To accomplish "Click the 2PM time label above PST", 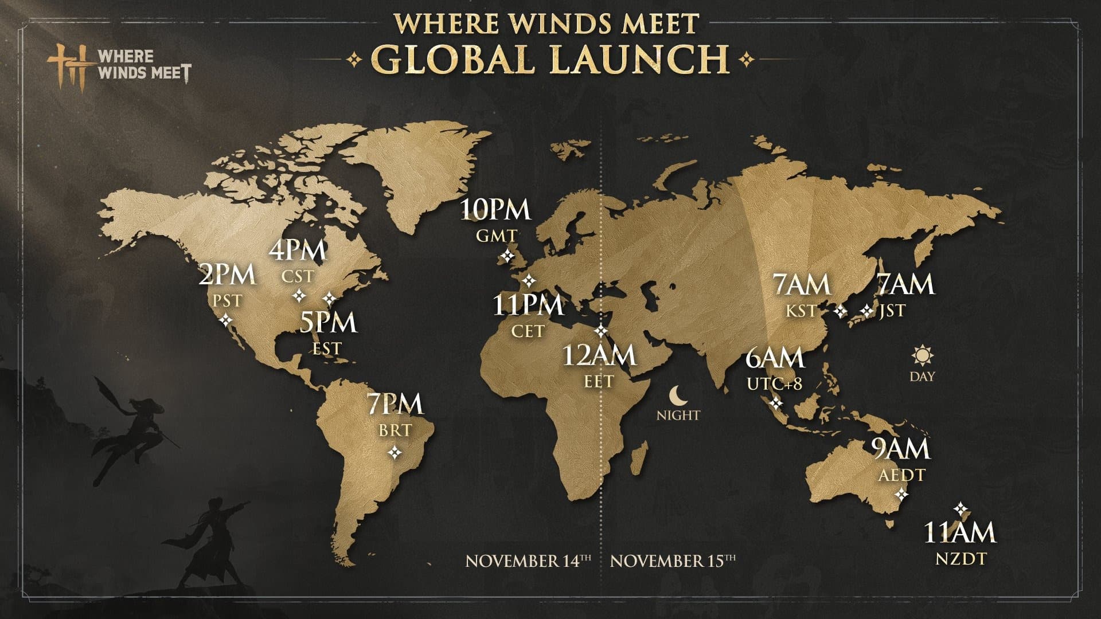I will tap(227, 275).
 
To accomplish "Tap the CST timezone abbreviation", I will tap(298, 276).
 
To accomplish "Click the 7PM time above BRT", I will tap(396, 403).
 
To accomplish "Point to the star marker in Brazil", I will tap(395, 453).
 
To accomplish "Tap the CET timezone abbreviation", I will tap(528, 332).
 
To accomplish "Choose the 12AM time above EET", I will tap(599, 355).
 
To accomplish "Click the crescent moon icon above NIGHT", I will tap(677, 394).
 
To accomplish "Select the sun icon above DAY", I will tap(922, 355).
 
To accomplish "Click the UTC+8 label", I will tap(774, 383).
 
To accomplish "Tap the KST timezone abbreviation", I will tap(801, 311).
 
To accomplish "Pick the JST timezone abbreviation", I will tap(892, 311).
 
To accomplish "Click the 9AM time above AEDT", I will tap(901, 449).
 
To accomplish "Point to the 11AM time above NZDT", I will tap(959, 532).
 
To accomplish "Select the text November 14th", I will tap(528, 560).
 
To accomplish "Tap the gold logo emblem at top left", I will tap(70, 64).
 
